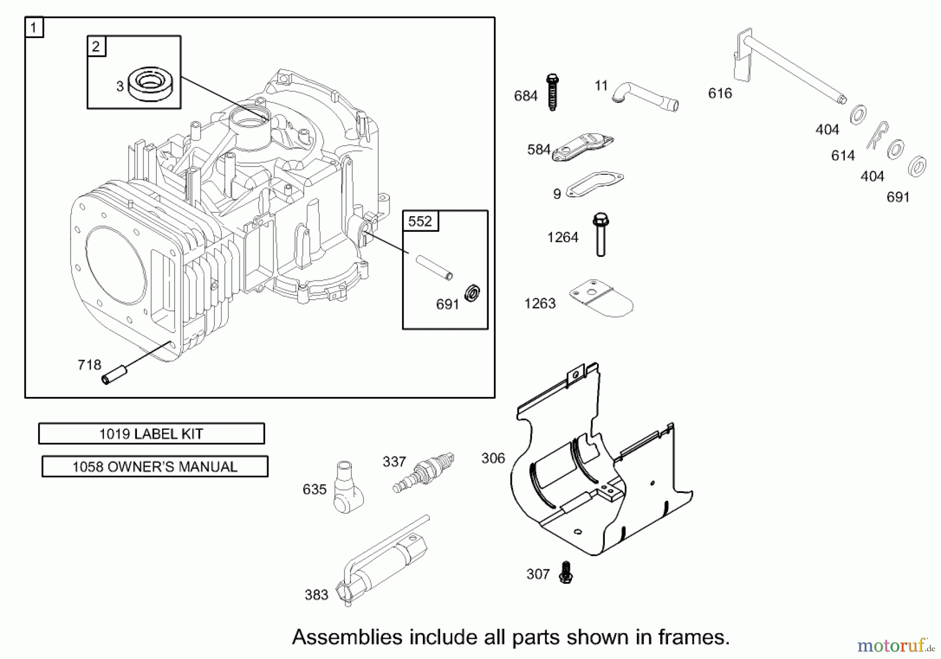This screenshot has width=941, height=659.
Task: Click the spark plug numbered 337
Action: (424, 472)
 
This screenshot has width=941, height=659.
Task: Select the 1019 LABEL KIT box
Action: (152, 434)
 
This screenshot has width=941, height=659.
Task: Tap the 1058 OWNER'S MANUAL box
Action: (155, 467)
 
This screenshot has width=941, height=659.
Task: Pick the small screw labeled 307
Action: (565, 573)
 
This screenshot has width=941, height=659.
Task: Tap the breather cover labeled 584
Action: (582, 148)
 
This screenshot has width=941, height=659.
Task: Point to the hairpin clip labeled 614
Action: (878, 135)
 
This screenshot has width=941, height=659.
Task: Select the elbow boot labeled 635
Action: (347, 487)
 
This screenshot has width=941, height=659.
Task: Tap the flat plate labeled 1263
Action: (601, 298)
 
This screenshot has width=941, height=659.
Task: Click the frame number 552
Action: (420, 221)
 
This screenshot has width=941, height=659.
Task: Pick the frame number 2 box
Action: (96, 46)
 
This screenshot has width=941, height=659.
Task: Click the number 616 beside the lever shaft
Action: (720, 93)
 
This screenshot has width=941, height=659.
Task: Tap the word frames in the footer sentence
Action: (694, 638)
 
